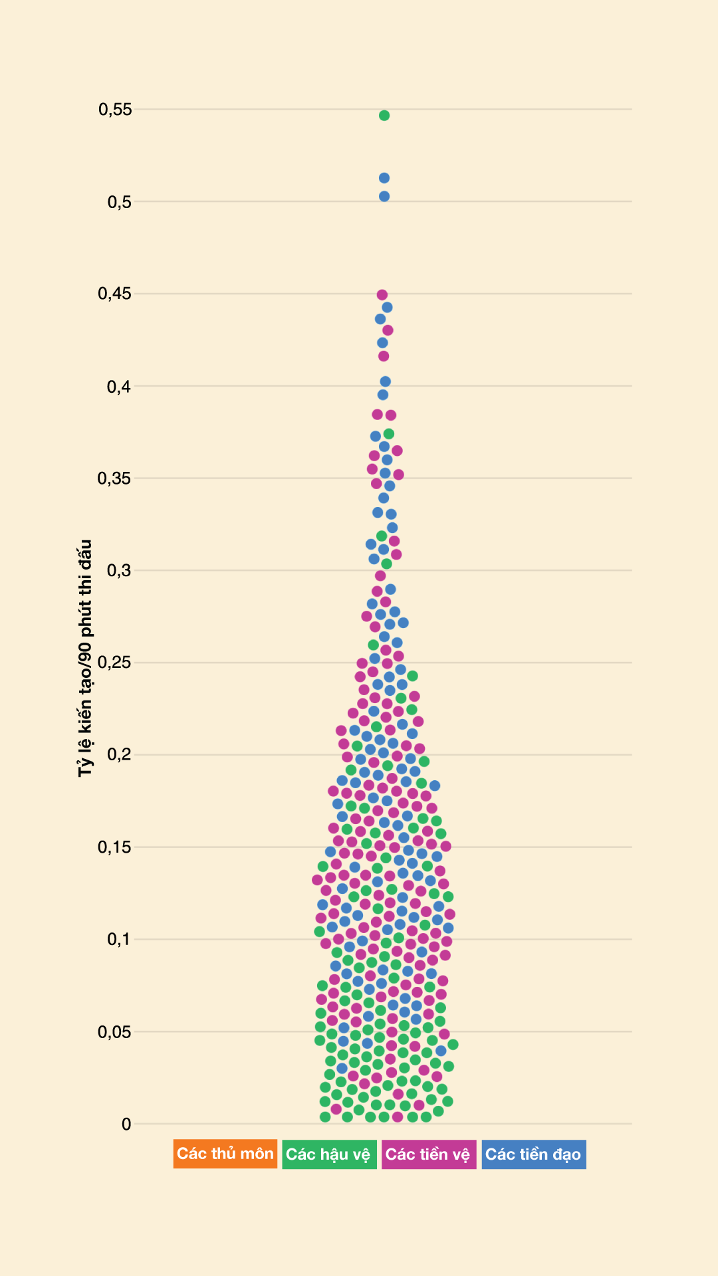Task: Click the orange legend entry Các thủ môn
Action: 225,1154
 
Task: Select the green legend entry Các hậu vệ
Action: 328,1154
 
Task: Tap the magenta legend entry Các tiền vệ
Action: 428,1154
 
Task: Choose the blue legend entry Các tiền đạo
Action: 533,1154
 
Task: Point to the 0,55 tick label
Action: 115,109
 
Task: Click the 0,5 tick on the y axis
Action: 120,202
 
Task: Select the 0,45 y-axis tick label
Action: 115,294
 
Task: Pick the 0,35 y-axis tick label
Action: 115,478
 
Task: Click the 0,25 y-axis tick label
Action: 115,663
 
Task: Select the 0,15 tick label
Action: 115,847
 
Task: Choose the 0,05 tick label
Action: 115,1032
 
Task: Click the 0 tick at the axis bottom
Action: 126,1124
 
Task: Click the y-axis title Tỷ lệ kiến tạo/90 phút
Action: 85,658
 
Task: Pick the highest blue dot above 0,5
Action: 384,178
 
